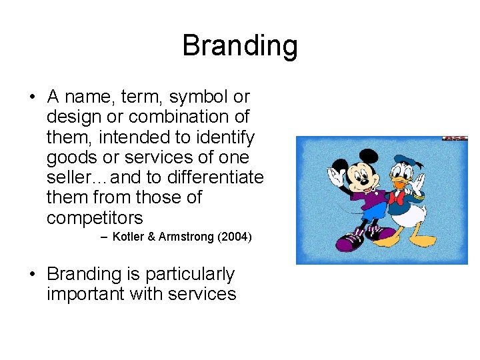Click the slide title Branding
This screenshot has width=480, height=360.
tap(239, 46)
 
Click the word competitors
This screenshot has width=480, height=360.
tap(95, 219)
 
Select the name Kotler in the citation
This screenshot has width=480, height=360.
tap(132, 237)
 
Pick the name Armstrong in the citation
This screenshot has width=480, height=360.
tap(186, 237)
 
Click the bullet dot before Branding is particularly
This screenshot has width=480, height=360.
tap(32, 275)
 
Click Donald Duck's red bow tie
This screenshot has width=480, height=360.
tap(401, 198)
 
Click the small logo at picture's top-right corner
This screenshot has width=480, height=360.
tap(455, 139)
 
